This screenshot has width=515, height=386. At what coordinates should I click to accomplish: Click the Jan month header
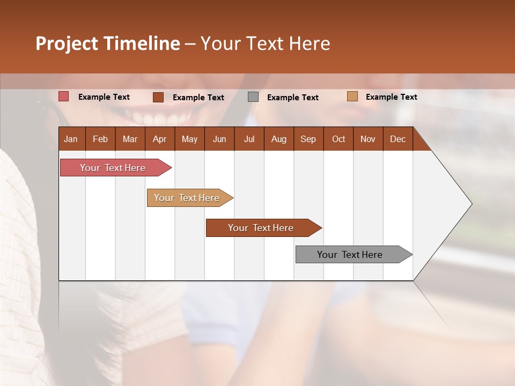click(71, 139)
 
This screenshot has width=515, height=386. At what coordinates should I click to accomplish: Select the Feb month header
click(100, 139)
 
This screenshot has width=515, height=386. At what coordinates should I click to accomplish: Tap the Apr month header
click(159, 139)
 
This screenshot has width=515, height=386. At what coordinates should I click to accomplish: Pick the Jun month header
click(219, 139)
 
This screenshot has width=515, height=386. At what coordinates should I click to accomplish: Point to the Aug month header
click(278, 139)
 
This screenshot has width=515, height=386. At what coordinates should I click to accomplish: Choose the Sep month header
click(308, 139)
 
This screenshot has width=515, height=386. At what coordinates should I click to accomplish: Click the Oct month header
click(339, 139)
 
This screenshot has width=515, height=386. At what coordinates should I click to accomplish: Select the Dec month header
click(398, 139)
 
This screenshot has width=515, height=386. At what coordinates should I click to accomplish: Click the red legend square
click(63, 96)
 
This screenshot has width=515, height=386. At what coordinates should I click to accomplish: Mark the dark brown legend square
click(158, 97)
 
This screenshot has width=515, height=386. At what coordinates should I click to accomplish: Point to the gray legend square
click(253, 96)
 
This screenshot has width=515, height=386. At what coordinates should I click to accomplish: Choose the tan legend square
click(352, 96)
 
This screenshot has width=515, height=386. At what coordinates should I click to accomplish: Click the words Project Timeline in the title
click(108, 43)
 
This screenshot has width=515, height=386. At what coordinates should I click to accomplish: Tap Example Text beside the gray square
click(292, 98)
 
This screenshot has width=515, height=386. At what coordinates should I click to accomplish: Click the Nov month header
click(368, 139)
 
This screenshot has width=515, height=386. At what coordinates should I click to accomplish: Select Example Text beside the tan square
click(391, 97)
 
